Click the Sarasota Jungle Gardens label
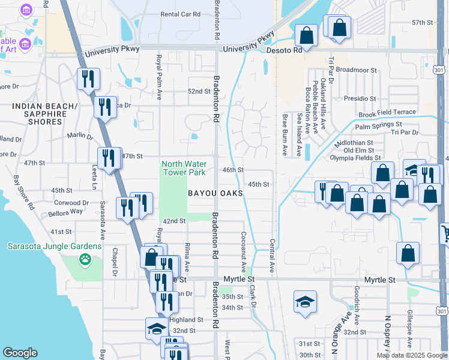[x=55, y=246]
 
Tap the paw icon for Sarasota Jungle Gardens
[x=85, y=260]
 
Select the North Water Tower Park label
[x=184, y=168]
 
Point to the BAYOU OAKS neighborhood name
[x=215, y=193]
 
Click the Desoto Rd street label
[x=285, y=51]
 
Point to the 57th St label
[x=422, y=22]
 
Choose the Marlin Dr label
[x=80, y=136]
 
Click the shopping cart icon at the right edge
[x=445, y=233]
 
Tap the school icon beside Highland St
[x=156, y=328]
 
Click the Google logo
[x=20, y=353]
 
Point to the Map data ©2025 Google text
[x=412, y=355]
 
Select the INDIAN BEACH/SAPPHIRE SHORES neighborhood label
[x=46, y=114]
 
